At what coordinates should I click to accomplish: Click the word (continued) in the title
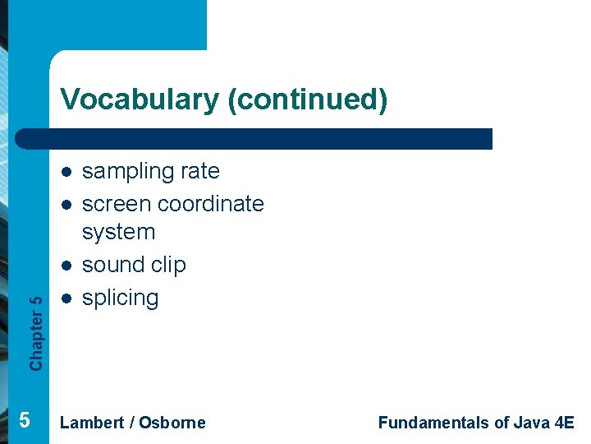[x=307, y=99]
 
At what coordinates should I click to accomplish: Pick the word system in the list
[x=118, y=232]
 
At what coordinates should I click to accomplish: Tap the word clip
[x=169, y=265]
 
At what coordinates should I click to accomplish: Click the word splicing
[x=120, y=298]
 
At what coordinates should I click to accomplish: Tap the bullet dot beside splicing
[x=65, y=298]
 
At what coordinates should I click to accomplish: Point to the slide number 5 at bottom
[x=24, y=420]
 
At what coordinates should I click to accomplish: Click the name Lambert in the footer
[x=92, y=423]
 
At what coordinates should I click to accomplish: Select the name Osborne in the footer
[x=172, y=423]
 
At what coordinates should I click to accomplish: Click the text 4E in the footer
[x=564, y=423]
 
